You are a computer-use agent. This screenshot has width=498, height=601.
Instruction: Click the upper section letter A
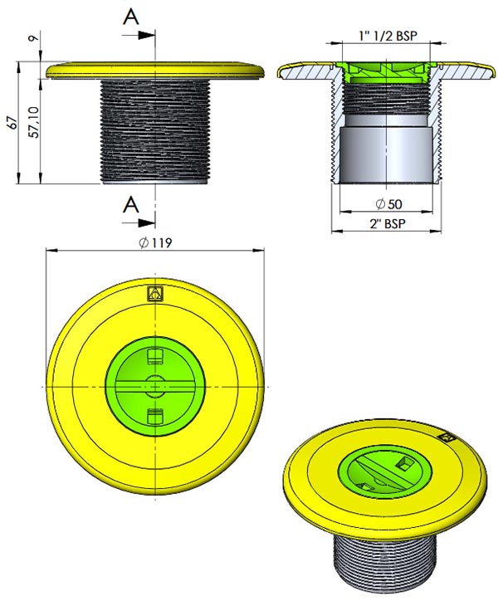[130, 18]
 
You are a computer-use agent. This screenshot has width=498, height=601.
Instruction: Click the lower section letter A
[130, 204]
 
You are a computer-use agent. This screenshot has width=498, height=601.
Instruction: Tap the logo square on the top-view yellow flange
[154, 293]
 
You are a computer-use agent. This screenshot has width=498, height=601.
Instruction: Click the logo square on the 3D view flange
[446, 434]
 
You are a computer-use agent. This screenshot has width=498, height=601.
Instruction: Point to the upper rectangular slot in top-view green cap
[154, 357]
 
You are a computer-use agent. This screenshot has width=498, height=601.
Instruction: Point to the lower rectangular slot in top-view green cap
[154, 414]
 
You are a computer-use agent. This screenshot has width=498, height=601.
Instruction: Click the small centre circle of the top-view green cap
[154, 386]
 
